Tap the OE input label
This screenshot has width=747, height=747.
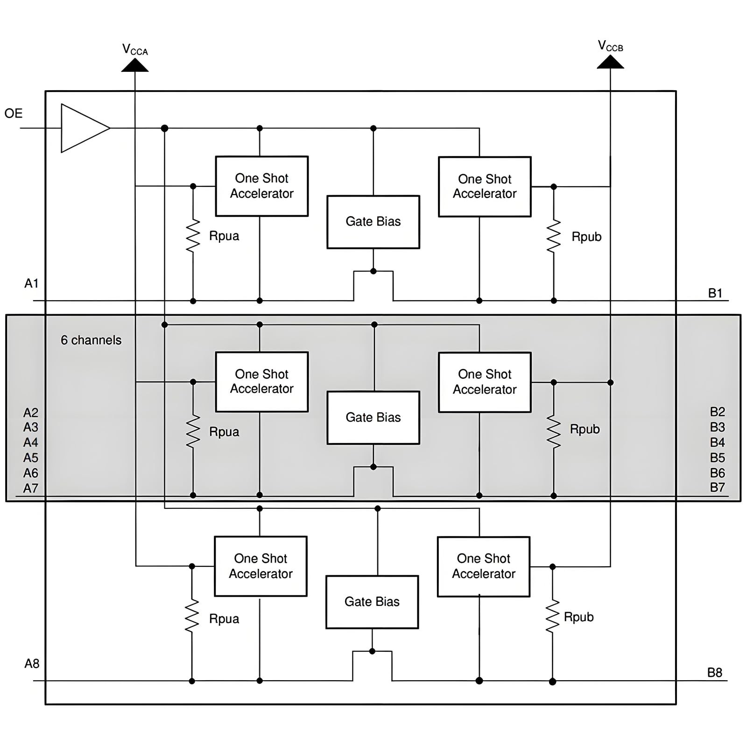(14, 113)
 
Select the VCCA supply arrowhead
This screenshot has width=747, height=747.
(135, 65)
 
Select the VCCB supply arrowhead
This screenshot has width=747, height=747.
(610, 62)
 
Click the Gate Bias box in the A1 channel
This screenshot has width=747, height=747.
(373, 222)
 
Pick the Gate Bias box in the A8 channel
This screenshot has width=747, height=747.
(372, 602)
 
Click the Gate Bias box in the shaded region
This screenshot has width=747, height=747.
(373, 417)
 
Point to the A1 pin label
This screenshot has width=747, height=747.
(31, 283)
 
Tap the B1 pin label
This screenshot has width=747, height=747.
(715, 293)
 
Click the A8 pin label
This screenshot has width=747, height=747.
(32, 663)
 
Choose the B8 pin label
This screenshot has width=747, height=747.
(715, 673)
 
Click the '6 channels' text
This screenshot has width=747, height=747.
(91, 340)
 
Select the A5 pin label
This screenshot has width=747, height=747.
(31, 458)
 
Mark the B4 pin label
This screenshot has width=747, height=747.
(718, 442)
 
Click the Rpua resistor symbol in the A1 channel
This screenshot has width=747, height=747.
(193, 236)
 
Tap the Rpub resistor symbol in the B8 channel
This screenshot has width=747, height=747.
(552, 616)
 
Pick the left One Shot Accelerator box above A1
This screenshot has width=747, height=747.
(262, 186)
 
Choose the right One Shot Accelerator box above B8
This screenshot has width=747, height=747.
(484, 566)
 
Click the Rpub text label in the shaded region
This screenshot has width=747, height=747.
(585, 429)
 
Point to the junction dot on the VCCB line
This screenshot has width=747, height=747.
(610, 382)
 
